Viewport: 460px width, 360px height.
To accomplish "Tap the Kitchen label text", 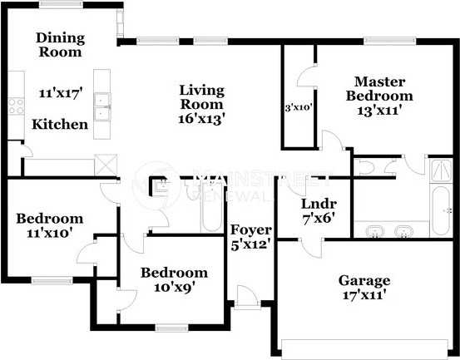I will (59, 124).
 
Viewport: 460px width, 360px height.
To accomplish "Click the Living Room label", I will (202, 96).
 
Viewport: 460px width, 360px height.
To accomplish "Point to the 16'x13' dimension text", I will (202, 118).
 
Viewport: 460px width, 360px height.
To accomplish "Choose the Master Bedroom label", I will (379, 89).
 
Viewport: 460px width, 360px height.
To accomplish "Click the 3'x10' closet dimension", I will (299, 107).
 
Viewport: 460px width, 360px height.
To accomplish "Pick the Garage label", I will (364, 280).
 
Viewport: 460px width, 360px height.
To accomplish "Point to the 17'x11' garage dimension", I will (364, 294).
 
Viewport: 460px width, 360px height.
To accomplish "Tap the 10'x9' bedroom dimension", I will (173, 288).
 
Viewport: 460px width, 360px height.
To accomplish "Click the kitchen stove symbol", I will (16, 105).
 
